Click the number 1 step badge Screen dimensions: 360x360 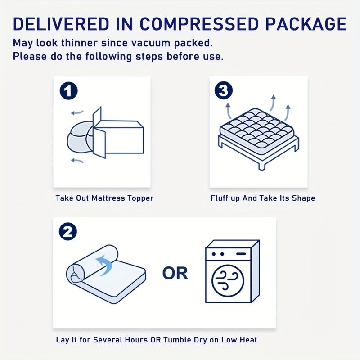pos(69,91)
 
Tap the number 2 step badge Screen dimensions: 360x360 pos(68,232)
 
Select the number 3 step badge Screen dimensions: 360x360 pos(224,90)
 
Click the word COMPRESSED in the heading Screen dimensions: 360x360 pos(199,24)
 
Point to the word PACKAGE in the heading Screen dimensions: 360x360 pos(306,24)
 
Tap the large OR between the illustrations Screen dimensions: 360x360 pos(175,273)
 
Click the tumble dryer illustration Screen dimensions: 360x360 pos(232,271)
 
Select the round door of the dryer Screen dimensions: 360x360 pos(228,280)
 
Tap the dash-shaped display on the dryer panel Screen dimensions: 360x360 pos(241,254)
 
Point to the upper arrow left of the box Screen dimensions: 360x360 pos(77,112)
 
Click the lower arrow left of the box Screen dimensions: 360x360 pos(77,161)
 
